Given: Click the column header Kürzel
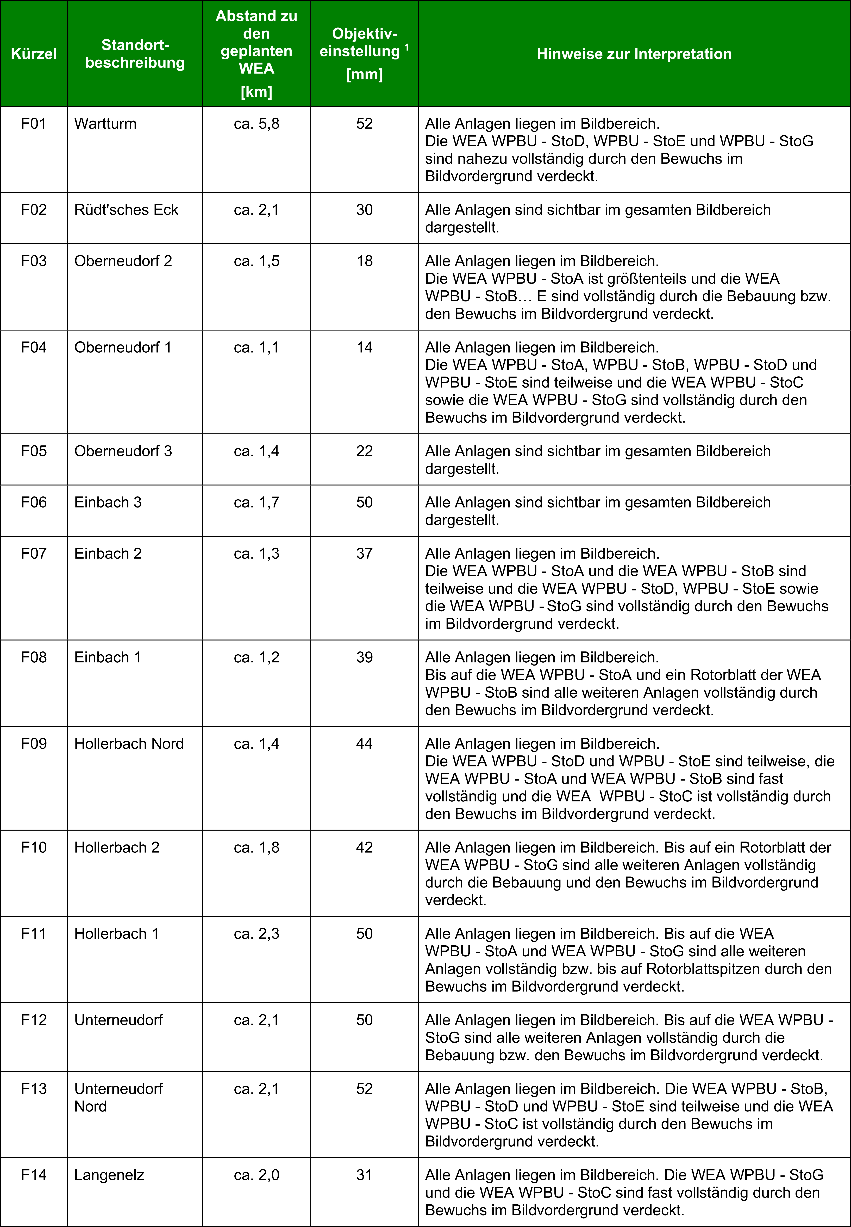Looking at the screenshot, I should pyautogui.click(x=34, y=54).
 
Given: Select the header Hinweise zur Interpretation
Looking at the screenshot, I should pyautogui.click(x=634, y=54).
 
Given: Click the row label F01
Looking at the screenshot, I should pyautogui.click(x=34, y=124).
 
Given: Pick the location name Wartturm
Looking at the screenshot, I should pyautogui.click(x=106, y=124).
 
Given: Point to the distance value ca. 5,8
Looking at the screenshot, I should pyautogui.click(x=256, y=124).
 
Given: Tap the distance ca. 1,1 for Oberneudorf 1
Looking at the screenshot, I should pyautogui.click(x=256, y=347).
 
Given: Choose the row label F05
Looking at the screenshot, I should pyautogui.click(x=34, y=451).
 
